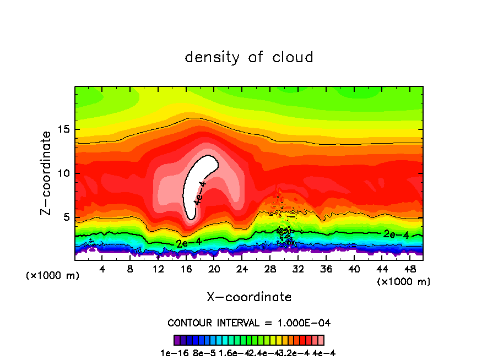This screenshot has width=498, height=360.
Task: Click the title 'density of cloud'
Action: pos(249,57)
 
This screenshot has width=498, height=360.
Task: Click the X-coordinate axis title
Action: pos(249,297)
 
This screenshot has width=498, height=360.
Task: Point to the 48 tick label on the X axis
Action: pos(409,269)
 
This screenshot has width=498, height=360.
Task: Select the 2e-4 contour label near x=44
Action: pos(396,234)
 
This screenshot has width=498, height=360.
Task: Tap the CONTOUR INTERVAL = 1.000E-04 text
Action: pos(249,322)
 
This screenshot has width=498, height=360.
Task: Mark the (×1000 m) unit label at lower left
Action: pos(53,276)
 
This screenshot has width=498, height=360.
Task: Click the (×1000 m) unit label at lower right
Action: pos(404,281)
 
